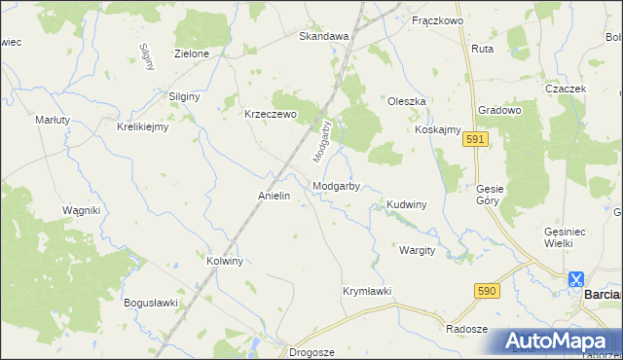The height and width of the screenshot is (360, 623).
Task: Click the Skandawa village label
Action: [323, 36]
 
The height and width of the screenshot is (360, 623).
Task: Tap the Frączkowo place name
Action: [435, 20]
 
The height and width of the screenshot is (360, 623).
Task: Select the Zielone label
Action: [191, 54]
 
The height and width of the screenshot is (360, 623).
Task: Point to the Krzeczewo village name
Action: [269, 113]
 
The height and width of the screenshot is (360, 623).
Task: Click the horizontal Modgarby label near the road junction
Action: [338, 186]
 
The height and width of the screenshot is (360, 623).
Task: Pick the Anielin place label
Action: [275, 196]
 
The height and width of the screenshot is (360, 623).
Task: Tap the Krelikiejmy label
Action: [143, 126]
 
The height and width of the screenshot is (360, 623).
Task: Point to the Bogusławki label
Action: [151, 303]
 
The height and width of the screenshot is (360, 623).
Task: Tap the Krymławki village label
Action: [366, 291]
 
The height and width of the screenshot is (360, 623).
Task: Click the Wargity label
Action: [417, 250]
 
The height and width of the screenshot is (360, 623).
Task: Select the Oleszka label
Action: [407, 101]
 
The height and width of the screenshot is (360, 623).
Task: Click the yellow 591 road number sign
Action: [475, 141]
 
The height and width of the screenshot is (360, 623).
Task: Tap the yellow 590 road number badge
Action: [488, 291]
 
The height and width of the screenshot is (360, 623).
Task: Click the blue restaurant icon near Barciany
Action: [577, 278]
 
